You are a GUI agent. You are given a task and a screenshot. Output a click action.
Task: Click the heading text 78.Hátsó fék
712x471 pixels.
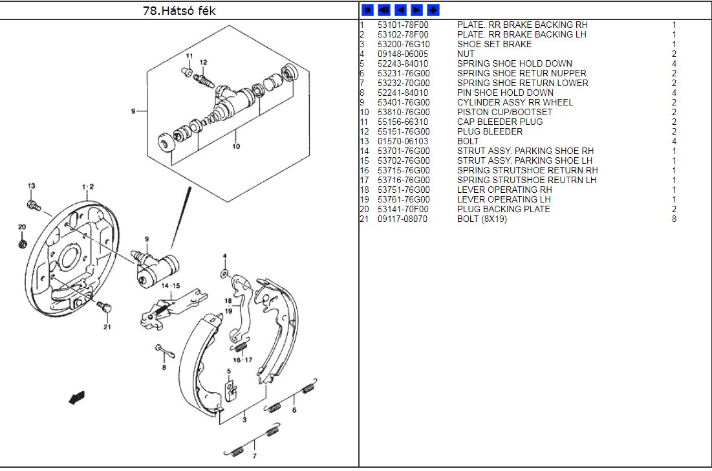point(179,10)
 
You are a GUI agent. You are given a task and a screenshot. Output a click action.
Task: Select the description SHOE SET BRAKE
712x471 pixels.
point(494,44)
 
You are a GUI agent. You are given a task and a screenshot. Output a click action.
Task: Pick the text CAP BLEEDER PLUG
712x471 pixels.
point(499,122)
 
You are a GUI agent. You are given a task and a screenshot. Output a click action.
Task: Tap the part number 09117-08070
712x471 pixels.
point(402,219)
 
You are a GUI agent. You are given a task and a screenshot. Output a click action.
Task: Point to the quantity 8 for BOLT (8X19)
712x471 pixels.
point(674,219)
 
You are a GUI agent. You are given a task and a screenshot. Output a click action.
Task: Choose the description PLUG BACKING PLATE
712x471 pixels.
point(503,209)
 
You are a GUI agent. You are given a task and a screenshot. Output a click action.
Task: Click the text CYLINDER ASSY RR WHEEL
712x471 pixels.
point(515,102)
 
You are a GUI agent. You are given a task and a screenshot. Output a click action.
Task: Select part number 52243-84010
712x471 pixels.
point(402,63)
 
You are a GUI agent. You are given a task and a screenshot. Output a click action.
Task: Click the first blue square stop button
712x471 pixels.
point(367,10)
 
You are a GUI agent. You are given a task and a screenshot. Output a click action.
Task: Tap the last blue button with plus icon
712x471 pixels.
point(433,10)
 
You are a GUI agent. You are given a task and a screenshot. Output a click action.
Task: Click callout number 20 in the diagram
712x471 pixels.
point(21,227)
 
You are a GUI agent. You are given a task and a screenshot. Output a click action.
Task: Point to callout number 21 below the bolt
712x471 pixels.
point(107,326)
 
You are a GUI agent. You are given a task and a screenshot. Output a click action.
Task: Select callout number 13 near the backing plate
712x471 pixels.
point(30,186)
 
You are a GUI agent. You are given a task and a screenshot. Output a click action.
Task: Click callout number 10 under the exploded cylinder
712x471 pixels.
point(236,146)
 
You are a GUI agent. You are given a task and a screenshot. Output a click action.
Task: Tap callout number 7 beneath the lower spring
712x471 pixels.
point(254,456)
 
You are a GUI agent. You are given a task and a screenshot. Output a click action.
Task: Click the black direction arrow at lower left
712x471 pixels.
point(77,397)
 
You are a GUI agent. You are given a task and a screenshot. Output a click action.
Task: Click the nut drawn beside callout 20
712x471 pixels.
point(23,244)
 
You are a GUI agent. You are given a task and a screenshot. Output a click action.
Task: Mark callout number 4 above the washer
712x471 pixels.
point(224,256)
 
